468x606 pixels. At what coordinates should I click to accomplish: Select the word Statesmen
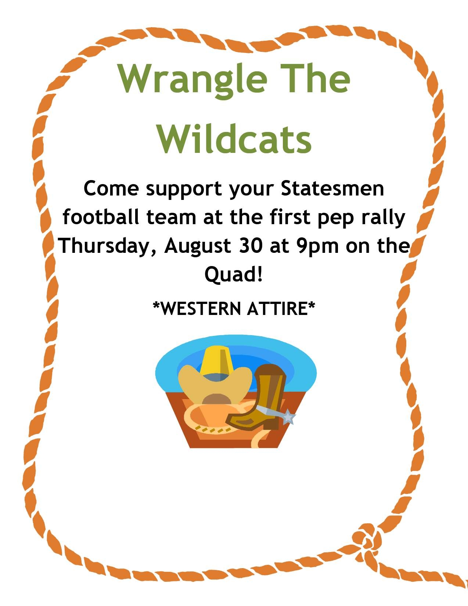332,189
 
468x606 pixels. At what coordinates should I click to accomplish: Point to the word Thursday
107,247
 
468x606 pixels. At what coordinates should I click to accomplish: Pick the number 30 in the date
250,246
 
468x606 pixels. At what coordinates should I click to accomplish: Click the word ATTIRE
277,309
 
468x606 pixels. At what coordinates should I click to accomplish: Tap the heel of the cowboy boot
270,423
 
